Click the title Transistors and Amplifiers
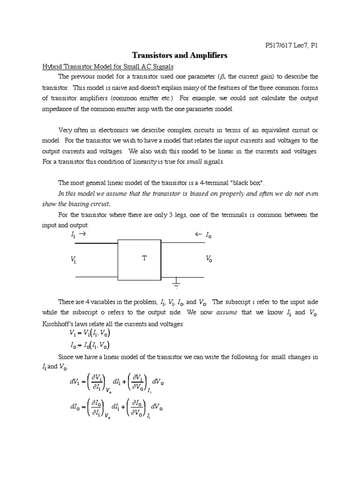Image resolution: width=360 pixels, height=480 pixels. click(180, 55)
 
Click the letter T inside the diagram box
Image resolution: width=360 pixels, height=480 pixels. click(144, 258)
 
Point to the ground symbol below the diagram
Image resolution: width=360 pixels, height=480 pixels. click(176, 282)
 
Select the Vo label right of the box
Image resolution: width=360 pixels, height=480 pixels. click(209, 259)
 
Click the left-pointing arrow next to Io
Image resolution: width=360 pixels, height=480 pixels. click(198, 234)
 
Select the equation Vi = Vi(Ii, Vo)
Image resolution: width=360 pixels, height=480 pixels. click(90, 334)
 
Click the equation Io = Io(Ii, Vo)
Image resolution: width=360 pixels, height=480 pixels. click(90, 346)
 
